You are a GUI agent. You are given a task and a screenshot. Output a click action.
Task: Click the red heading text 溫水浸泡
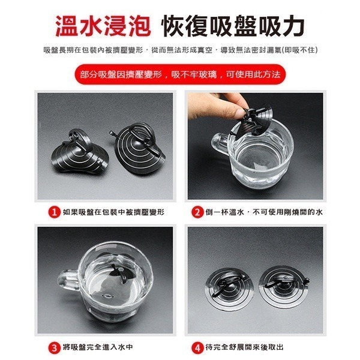103,26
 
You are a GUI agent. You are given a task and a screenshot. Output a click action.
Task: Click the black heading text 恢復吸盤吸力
233,26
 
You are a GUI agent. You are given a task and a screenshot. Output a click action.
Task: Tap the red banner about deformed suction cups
180,74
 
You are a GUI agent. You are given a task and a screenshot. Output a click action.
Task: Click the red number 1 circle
54,212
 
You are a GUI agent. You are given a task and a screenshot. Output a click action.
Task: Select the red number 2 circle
197,212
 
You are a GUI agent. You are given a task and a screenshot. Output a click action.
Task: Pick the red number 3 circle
54,348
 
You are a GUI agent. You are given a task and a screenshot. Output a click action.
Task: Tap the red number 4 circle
197,348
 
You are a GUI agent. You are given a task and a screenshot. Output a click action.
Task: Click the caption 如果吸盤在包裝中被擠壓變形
113,212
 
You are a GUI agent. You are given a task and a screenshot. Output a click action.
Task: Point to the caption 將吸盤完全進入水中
98,347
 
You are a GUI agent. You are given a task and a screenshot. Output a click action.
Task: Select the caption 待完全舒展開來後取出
245,347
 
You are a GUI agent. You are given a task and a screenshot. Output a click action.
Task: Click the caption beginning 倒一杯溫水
264,212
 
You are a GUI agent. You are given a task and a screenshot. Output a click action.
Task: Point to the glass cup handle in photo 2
218,144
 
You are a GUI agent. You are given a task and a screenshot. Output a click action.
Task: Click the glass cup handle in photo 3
67,281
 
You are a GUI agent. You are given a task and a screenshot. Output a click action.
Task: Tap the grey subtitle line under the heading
181,50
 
